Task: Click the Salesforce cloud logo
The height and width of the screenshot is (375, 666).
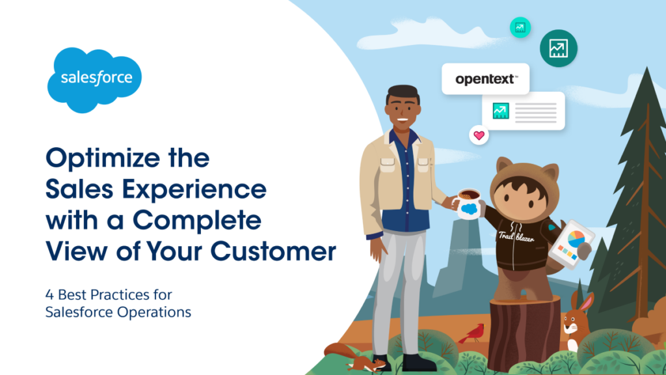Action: pyautogui.click(x=94, y=79)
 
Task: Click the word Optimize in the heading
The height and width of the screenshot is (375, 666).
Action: pyautogui.click(x=103, y=159)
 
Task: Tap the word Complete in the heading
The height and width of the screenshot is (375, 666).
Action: pyautogui.click(x=196, y=220)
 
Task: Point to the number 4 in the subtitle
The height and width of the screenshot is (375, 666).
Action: pyautogui.click(x=49, y=295)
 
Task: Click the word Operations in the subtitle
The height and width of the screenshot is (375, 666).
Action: pyautogui.click(x=154, y=312)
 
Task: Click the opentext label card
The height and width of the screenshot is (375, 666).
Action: pyautogui.click(x=485, y=79)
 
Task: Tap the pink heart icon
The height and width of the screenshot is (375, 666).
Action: pyautogui.click(x=479, y=135)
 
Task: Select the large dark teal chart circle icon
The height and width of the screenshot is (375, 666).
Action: pyautogui.click(x=558, y=48)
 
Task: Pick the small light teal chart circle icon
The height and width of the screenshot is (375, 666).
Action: pyautogui.click(x=520, y=27)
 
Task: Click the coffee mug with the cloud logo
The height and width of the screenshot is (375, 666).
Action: pyautogui.click(x=468, y=204)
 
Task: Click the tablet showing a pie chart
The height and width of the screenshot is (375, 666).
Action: pyautogui.click(x=570, y=244)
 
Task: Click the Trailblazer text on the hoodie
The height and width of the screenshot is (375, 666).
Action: pyautogui.click(x=516, y=236)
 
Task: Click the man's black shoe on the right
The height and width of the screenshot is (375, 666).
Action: pyautogui.click(x=418, y=363)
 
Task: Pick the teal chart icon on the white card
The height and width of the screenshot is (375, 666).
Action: pyautogui.click(x=501, y=111)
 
